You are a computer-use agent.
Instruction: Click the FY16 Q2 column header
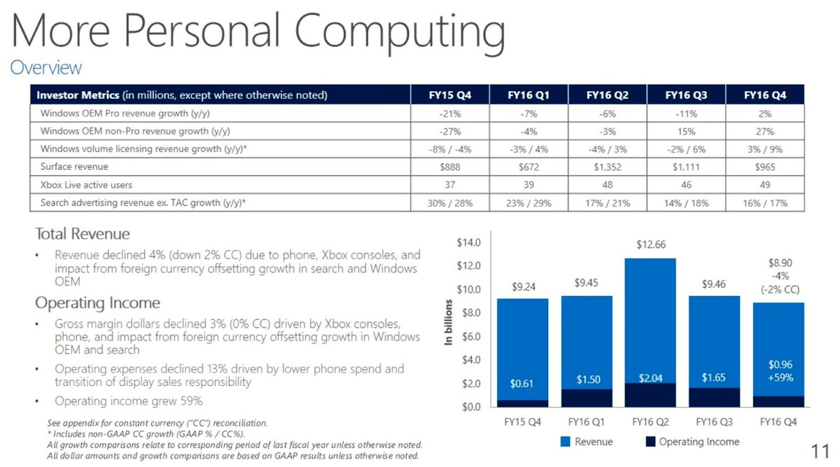(606, 95)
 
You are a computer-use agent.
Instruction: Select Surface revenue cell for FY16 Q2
(606, 167)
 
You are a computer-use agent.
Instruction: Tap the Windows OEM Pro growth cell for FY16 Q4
(764, 113)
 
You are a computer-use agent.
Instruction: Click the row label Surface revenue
(73, 167)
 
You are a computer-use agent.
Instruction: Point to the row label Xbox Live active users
(86, 185)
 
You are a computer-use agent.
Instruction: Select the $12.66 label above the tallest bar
(650, 245)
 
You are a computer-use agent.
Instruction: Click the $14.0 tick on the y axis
(468, 243)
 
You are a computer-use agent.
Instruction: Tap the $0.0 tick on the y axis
(470, 407)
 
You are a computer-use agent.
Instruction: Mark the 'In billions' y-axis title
(449, 322)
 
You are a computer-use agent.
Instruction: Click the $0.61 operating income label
(522, 384)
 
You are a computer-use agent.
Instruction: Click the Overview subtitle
(45, 68)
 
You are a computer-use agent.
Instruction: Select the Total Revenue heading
(83, 234)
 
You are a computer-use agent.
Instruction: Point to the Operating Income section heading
(97, 303)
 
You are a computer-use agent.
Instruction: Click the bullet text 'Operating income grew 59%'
(129, 401)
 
